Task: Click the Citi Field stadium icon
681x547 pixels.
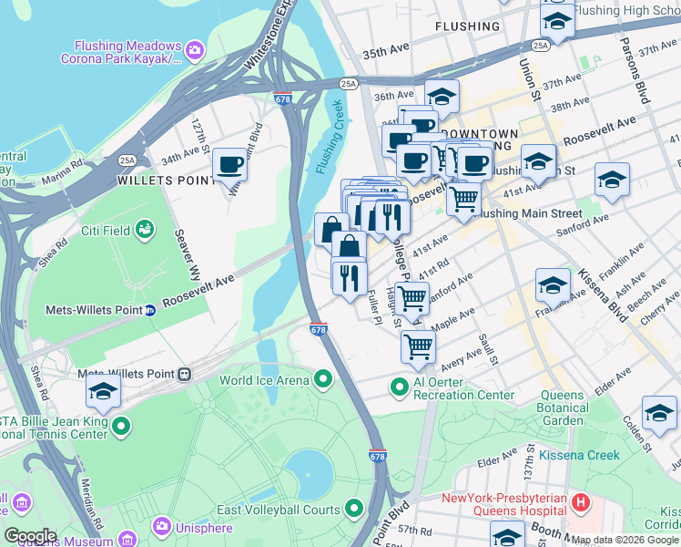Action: (x=144, y=230)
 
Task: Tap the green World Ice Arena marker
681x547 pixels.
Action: (x=323, y=378)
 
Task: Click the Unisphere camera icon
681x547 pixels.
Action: (x=162, y=526)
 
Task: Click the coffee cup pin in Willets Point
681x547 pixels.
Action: (x=230, y=165)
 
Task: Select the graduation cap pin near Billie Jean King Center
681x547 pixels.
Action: (x=104, y=392)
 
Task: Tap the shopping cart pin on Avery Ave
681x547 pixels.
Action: (x=418, y=346)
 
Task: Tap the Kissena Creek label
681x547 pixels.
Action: (x=579, y=455)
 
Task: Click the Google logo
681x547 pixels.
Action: (x=30, y=536)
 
